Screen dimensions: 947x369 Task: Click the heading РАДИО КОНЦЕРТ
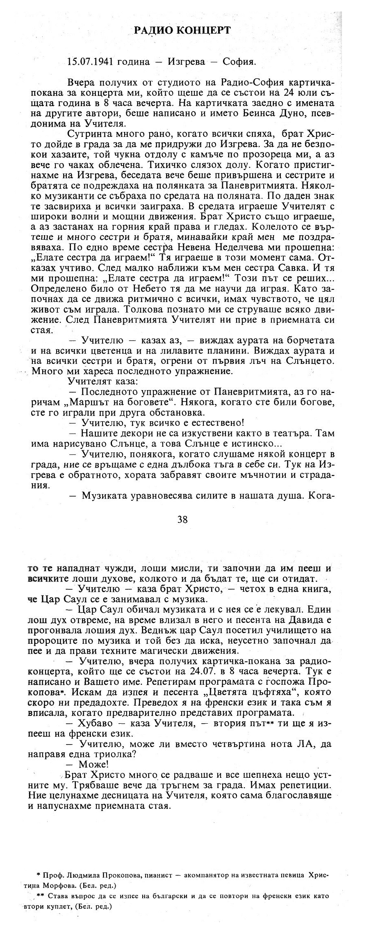pos(183,30)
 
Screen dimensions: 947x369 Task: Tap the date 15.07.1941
pos(90,61)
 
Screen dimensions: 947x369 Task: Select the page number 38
pos(182,519)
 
